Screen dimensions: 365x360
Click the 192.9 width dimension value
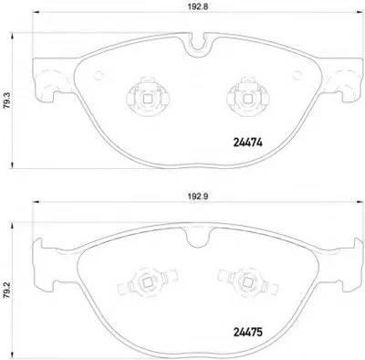(x=199, y=196)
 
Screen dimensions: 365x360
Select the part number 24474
(x=247, y=143)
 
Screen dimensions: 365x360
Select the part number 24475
(x=247, y=332)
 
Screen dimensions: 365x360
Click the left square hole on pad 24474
(x=148, y=99)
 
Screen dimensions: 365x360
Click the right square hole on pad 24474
(x=247, y=99)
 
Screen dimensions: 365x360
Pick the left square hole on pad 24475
(x=148, y=283)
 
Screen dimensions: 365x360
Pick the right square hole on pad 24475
(x=247, y=283)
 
